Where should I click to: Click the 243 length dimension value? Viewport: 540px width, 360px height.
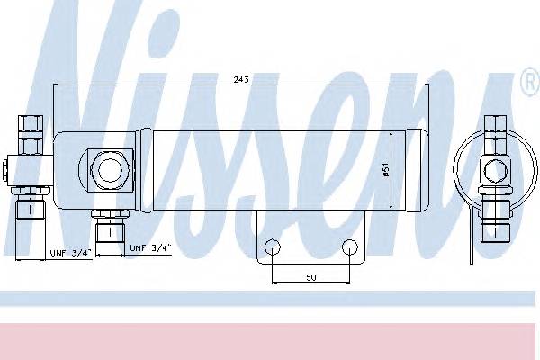pos(241,79)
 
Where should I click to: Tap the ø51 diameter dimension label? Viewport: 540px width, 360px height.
pos(386,170)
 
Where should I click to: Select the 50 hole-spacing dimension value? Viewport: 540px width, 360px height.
pos(311,277)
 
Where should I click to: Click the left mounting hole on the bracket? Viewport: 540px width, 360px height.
pos(273,247)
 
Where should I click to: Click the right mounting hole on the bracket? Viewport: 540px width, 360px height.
pos(350,247)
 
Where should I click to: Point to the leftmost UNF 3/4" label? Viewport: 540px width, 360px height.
pos(70,253)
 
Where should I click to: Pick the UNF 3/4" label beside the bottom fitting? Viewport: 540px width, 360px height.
pos(150,247)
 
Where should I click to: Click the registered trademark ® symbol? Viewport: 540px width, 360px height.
pos(531,82)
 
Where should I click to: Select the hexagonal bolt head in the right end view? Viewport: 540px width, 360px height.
pos(495,171)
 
